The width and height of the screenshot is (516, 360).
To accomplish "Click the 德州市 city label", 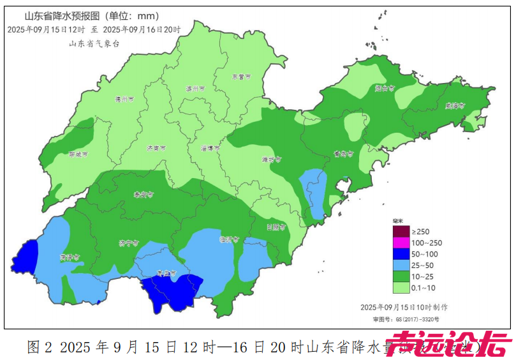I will click(124, 100).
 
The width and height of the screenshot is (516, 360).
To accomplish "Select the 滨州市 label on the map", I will click(195, 89).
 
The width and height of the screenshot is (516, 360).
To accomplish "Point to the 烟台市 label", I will click(385, 89).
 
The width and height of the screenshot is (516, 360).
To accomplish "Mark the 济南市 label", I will click(156, 147).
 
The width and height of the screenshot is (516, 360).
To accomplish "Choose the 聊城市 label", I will click(78, 154).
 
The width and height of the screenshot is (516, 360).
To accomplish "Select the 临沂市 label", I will click(228, 240).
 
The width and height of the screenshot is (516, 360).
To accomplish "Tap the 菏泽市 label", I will click(69, 258).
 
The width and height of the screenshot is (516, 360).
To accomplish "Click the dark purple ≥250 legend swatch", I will click(400, 231).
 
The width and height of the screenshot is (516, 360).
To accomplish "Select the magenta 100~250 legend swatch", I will click(400, 243).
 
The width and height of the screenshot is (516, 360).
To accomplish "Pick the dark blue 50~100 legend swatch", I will click(400, 253).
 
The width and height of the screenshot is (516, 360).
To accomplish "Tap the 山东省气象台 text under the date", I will click(94, 43).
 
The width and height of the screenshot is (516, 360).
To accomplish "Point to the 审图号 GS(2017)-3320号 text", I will click(407, 319).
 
